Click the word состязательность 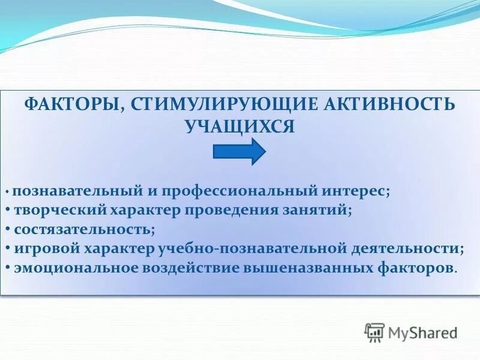[x=84, y=229]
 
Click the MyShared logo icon [x=374, y=332]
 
